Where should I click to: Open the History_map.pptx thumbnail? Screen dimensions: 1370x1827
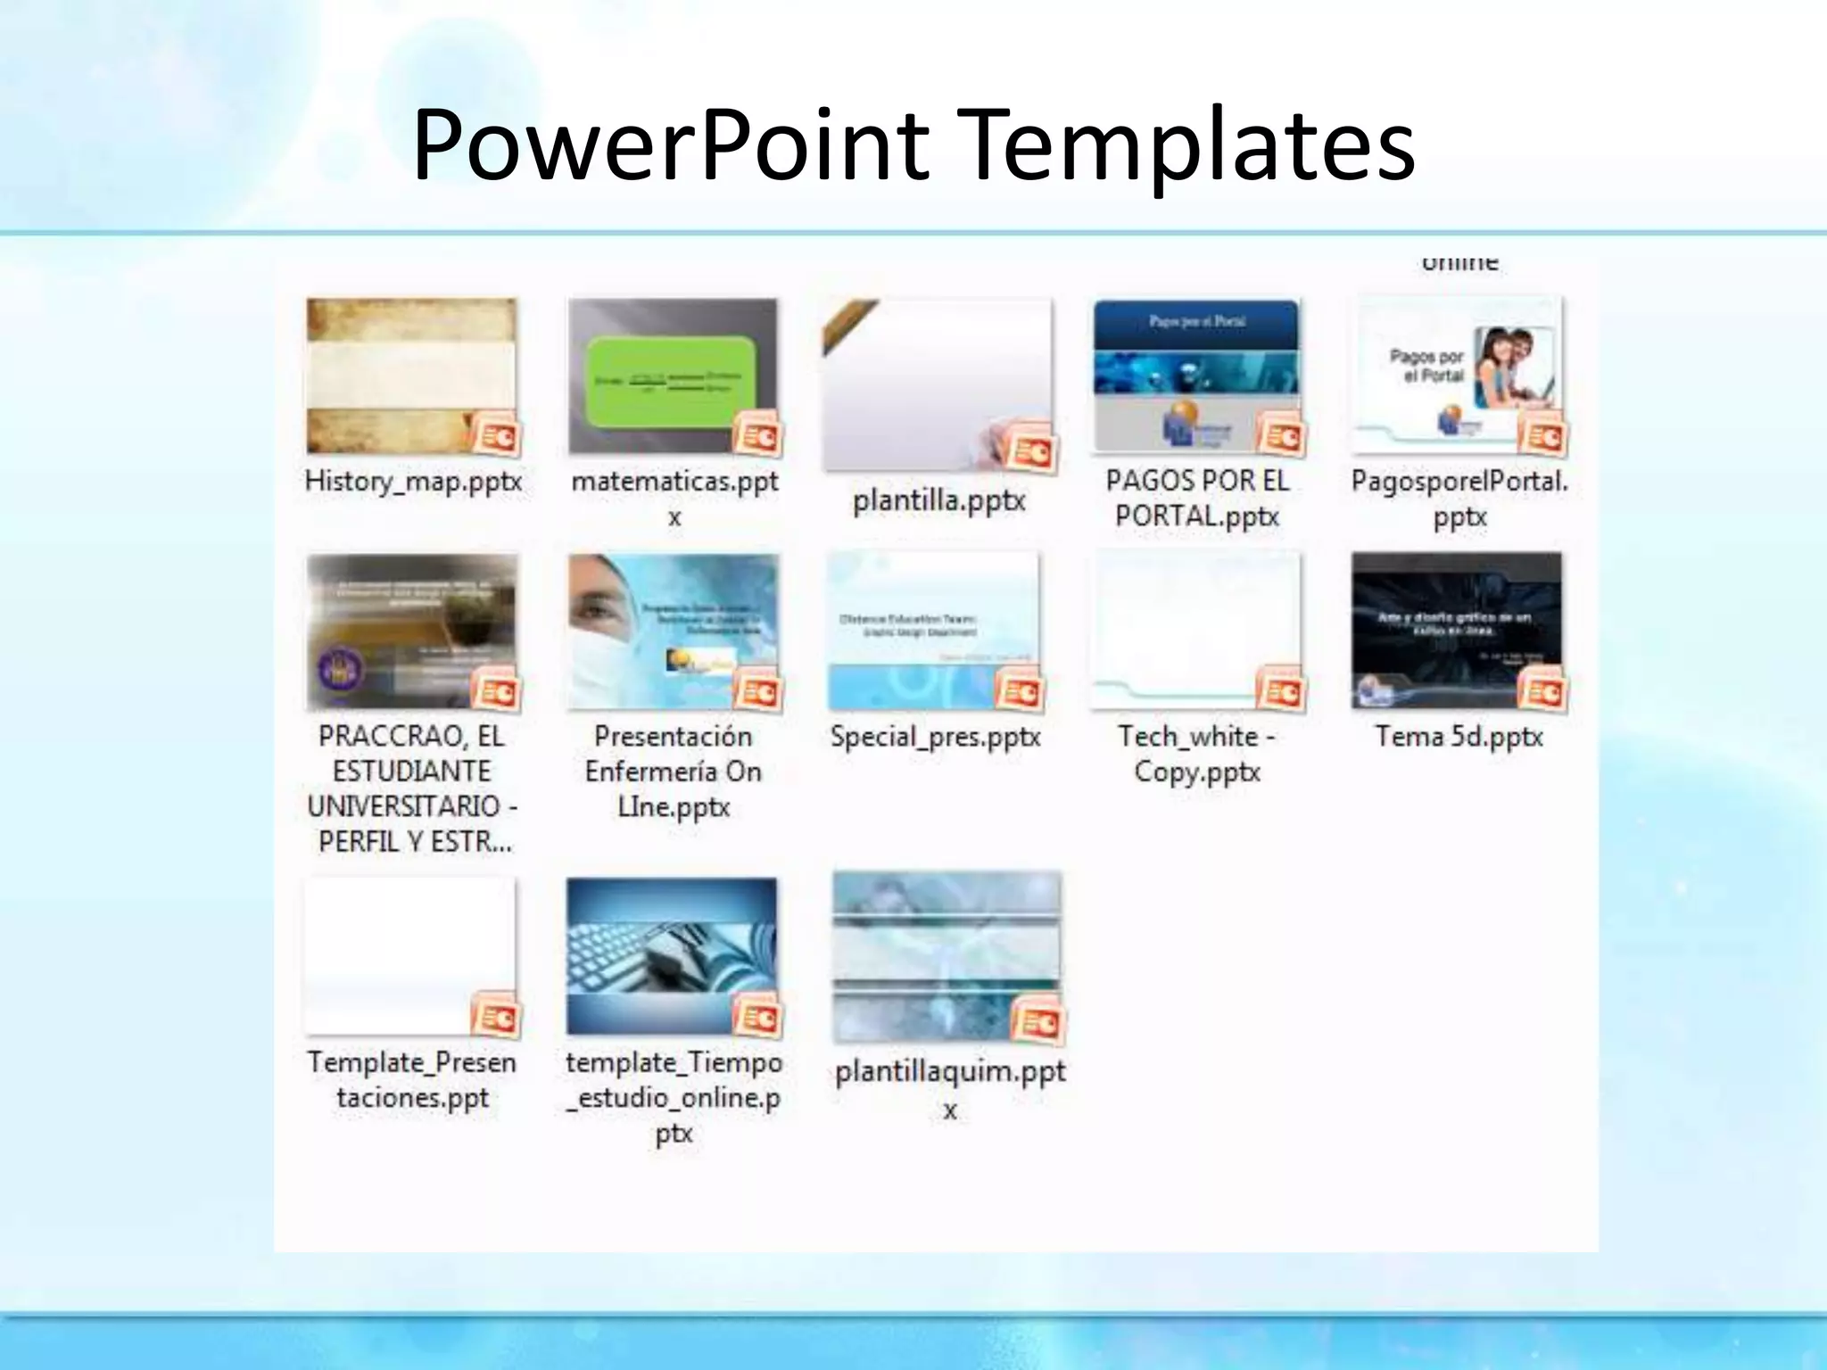point(410,375)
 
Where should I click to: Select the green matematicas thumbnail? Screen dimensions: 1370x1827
point(674,375)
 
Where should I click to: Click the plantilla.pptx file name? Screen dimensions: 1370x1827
point(938,500)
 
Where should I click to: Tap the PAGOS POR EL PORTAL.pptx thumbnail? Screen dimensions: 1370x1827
point(1195,375)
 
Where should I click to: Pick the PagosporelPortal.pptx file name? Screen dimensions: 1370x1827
point(1459,499)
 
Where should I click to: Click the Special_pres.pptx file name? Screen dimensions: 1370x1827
point(935,737)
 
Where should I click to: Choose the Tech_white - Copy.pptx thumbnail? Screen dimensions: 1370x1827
point(1195,630)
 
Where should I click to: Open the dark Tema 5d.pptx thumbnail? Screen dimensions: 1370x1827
point(1456,630)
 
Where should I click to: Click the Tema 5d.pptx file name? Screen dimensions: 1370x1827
point(1459,737)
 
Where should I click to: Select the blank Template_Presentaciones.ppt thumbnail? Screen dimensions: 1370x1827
point(410,954)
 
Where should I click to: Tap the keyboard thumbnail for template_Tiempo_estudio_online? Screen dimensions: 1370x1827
point(672,954)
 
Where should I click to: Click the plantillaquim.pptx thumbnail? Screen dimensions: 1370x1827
point(946,954)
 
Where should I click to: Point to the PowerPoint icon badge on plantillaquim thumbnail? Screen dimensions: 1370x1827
point(1037,1022)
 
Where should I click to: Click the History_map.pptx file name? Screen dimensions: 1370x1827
point(413,482)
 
